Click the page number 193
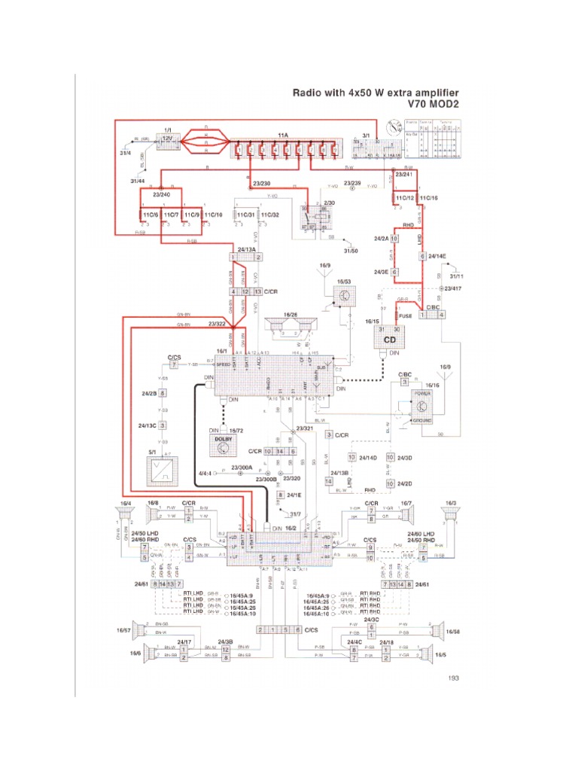(453, 678)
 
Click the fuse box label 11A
(282, 135)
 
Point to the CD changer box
(390, 339)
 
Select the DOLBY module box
(221, 443)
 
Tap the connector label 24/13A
(246, 248)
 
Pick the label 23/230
(263, 183)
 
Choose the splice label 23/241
(405, 174)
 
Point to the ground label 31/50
(352, 250)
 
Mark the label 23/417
(453, 288)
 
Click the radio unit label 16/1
(221, 351)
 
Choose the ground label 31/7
(295, 514)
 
